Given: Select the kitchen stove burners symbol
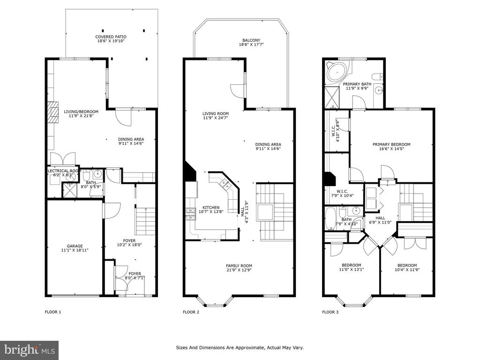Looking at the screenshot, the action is point(190,214).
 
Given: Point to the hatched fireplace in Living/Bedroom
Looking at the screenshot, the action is point(53,112).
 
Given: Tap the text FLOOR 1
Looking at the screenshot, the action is point(53,312).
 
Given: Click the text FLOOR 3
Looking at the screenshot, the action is point(330,312).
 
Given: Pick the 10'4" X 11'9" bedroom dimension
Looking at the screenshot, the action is point(407,270).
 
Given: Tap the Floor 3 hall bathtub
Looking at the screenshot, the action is point(330,219).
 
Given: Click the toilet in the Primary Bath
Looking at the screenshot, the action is point(376,76).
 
